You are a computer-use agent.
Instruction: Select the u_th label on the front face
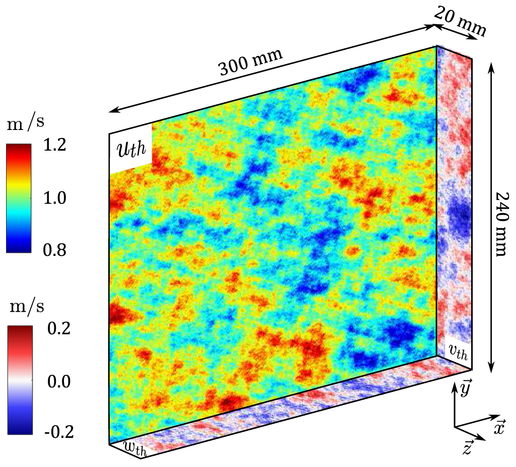tap(130, 151)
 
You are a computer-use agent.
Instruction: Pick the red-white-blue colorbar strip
tap(20, 380)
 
